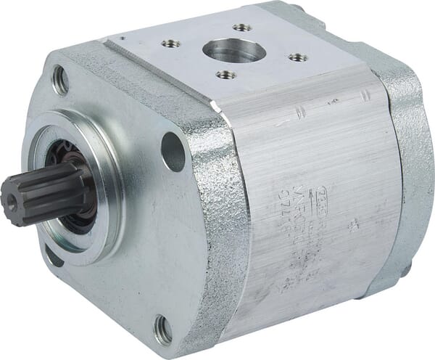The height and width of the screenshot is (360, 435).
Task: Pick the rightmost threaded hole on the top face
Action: [293, 57]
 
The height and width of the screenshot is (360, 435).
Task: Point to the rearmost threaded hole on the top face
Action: [238, 28]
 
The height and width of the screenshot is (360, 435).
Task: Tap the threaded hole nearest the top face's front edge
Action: [222, 74]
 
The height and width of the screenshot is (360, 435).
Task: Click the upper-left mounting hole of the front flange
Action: [60, 81]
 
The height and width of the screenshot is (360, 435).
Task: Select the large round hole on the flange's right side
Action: [173, 151]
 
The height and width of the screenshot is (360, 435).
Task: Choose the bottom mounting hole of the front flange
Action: [164, 329]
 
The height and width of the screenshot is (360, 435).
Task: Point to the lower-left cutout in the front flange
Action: [52, 255]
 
